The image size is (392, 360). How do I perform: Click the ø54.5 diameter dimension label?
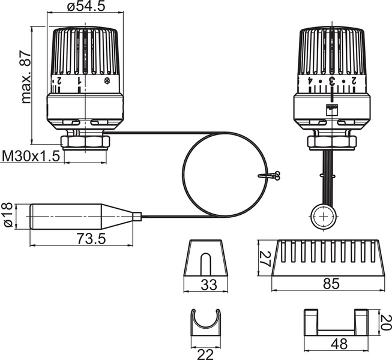pos(87,7)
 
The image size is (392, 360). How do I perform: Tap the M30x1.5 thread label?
pos(31,156)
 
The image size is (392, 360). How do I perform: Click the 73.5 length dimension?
pos(91,239)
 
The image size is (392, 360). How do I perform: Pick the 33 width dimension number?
pos(208,285)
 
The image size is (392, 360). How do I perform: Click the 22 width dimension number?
pos(206,355)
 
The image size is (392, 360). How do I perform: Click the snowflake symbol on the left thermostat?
pos(107,80)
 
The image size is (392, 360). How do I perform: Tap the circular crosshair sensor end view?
pos(324,215)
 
